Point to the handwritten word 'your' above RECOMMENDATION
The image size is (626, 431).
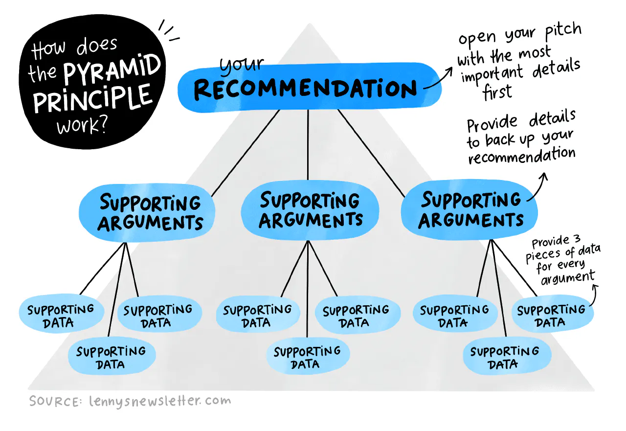pyautogui.click(x=241, y=66)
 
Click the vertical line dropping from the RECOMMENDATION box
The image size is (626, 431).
pyautogui.click(x=308, y=144)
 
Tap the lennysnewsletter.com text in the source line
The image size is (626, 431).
pyautogui.click(x=159, y=401)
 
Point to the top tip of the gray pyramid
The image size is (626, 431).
pyautogui.click(x=308, y=24)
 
